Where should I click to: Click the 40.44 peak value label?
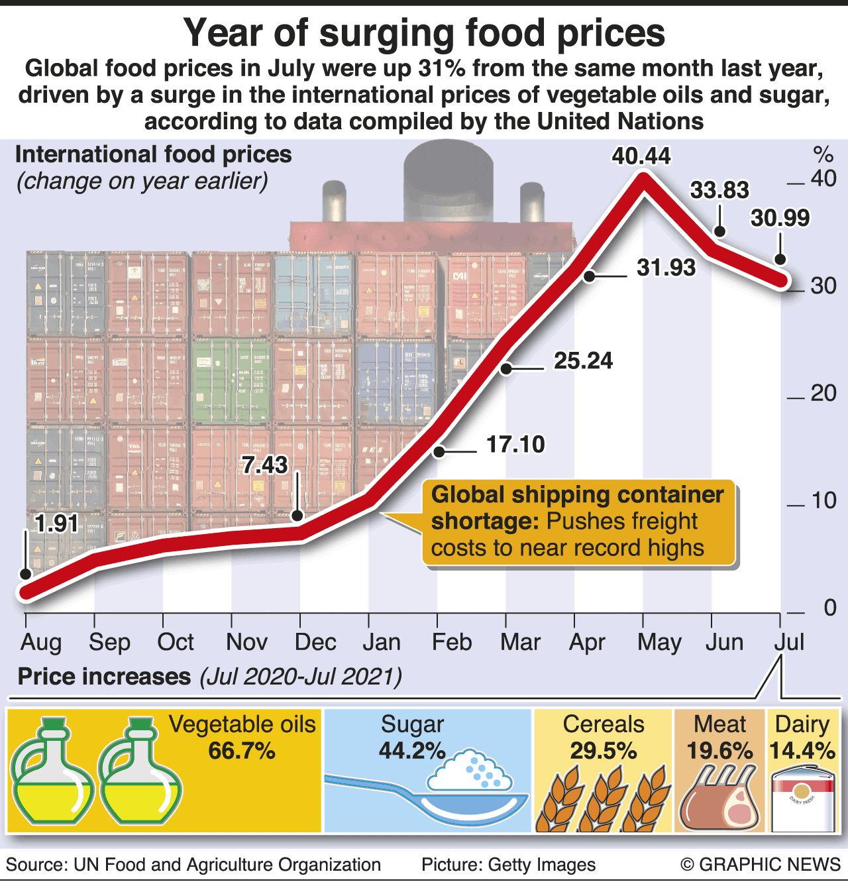[x=641, y=156]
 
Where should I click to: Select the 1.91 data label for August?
[x=56, y=524]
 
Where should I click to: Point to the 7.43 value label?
[x=264, y=465]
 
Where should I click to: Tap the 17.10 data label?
[x=515, y=444]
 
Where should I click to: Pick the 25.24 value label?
[x=583, y=361]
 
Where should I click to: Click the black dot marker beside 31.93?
[x=590, y=276]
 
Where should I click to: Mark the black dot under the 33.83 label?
[x=719, y=231]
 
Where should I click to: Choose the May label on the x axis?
[x=659, y=642]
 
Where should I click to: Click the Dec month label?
[x=315, y=642]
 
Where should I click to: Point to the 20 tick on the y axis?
[x=823, y=394]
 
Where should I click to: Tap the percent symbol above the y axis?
[x=823, y=155]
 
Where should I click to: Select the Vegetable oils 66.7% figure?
[x=242, y=751]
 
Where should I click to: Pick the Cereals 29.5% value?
[x=603, y=751]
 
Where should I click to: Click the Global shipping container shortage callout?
[x=578, y=522]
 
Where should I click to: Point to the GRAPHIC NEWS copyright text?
[x=761, y=865]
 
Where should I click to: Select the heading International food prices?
[x=153, y=155]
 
